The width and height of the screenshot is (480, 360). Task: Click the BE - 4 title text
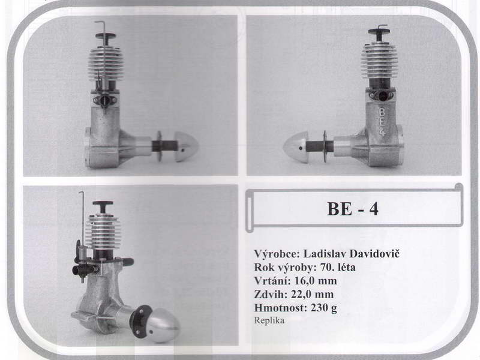(x=352, y=209)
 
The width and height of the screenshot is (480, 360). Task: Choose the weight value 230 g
(x=324, y=308)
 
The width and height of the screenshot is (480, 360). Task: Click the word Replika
(x=269, y=320)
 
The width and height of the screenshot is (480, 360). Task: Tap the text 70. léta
(x=338, y=267)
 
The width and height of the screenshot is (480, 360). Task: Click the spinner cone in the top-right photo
(x=295, y=148)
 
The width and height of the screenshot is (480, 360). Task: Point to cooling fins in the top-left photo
(x=106, y=64)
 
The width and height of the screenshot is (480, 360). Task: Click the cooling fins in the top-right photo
(x=379, y=61)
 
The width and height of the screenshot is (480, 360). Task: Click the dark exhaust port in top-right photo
(x=382, y=96)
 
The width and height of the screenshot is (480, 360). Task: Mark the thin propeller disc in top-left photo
(x=159, y=146)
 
